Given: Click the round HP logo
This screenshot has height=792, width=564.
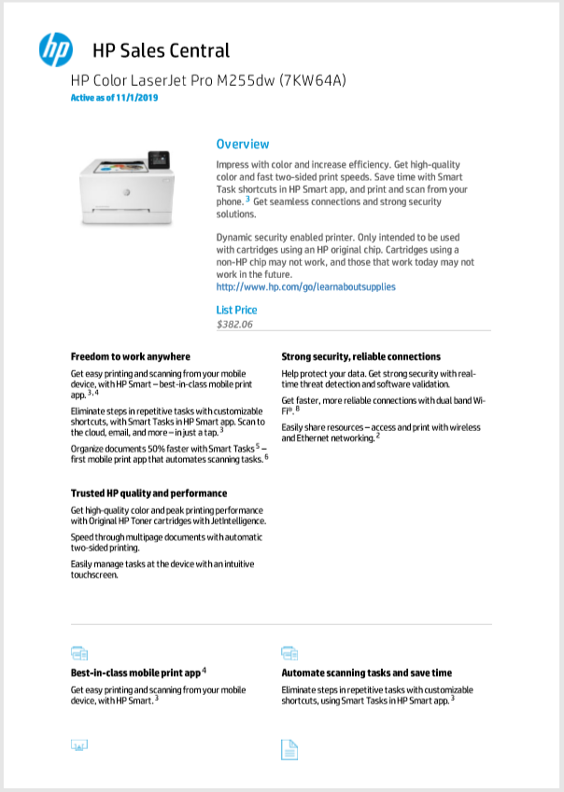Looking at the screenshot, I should click(x=55, y=49).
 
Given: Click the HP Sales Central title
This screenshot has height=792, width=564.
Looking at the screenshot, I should click(x=161, y=50).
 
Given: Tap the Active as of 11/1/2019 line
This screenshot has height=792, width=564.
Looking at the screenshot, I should click(x=115, y=98).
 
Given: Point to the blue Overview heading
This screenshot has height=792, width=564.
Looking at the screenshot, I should click(x=243, y=144).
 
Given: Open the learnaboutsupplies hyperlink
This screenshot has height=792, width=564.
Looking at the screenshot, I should click(x=305, y=286).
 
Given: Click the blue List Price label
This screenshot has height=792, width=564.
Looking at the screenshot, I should click(x=236, y=310).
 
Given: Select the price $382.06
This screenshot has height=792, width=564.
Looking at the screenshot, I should click(x=234, y=325).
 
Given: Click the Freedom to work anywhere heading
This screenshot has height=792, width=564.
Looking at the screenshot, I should click(x=131, y=356).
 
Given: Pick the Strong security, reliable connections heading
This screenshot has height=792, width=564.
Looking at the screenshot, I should click(x=360, y=356).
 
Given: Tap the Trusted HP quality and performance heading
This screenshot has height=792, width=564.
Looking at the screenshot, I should click(x=148, y=493).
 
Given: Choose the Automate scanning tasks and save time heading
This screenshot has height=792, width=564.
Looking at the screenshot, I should click(x=366, y=672).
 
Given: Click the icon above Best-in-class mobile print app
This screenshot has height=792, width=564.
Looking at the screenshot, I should click(x=79, y=652).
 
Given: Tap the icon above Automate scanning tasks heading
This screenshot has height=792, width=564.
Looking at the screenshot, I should click(x=289, y=652).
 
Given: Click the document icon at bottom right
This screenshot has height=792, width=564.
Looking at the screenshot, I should click(x=289, y=748).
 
